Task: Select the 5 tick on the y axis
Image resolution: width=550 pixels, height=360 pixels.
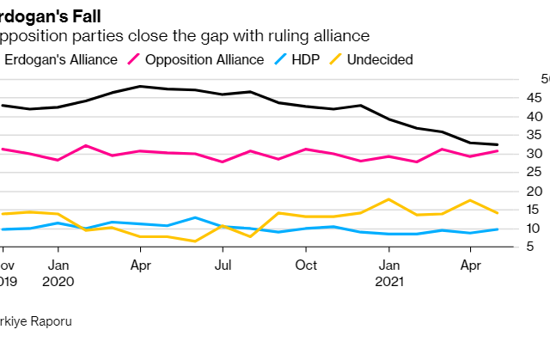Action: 535,247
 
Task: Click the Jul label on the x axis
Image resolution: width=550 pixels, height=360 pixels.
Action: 223,265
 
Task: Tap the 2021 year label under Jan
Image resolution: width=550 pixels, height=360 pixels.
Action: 390,280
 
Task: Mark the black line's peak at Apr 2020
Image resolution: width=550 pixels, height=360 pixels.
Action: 139,87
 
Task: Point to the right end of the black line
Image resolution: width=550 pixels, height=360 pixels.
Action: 498,144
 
